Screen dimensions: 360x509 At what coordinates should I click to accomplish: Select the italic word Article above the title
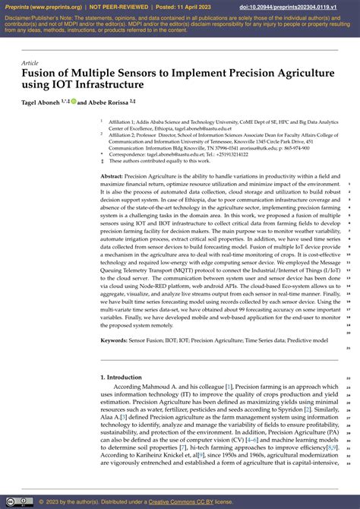30,63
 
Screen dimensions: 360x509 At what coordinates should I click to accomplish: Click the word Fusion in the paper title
39,75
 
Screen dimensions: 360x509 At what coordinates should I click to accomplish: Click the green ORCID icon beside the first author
74,101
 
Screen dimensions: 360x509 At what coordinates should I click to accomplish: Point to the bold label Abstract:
112,175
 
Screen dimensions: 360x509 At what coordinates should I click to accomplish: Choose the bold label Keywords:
114,340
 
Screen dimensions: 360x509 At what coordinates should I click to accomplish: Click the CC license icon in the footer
13,501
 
